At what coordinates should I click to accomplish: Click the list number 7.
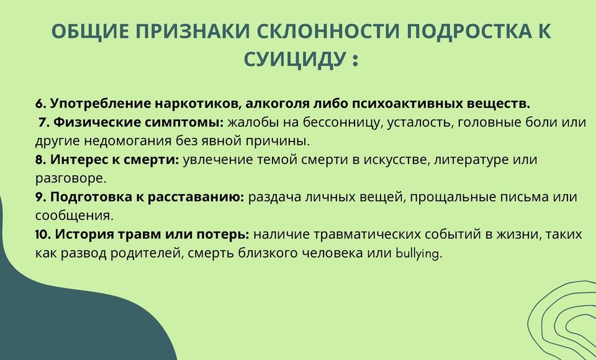[x=43, y=122]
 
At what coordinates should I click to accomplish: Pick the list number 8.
[x=40, y=160]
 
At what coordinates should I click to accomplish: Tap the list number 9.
[x=40, y=197]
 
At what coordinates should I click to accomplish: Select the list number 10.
[x=43, y=234]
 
